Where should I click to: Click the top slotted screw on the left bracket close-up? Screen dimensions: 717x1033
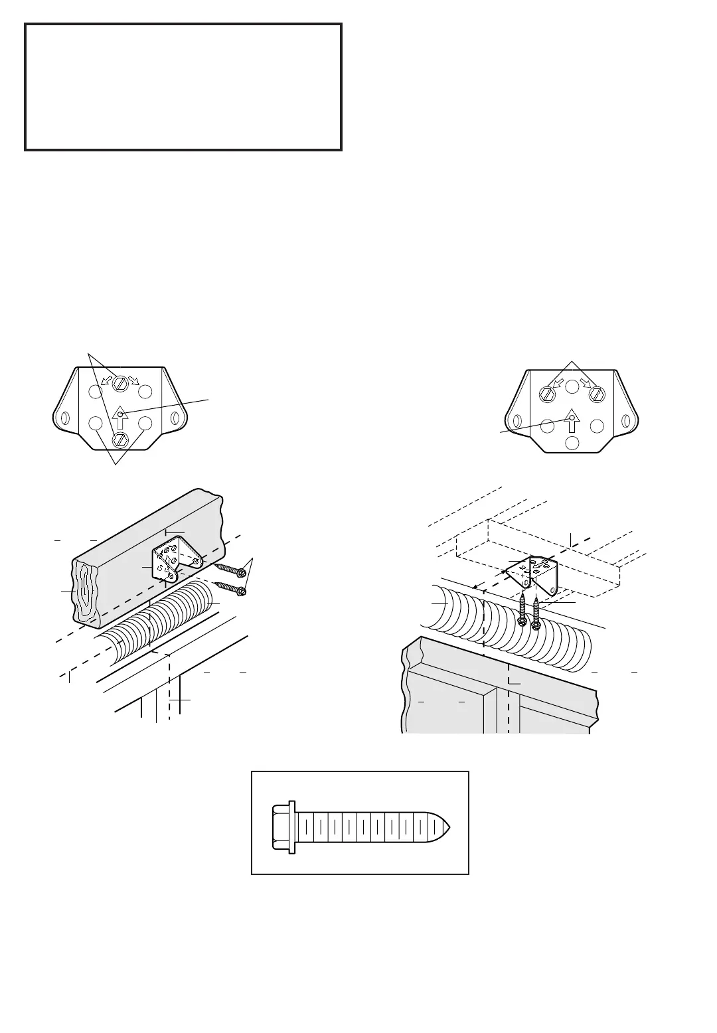[120, 383]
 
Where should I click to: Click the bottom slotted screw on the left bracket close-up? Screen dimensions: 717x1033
[120, 439]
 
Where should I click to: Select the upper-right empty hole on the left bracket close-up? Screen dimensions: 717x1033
[146, 391]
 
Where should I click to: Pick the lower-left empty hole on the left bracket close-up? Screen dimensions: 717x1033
[96, 423]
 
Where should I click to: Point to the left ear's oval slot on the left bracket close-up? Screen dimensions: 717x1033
[64, 420]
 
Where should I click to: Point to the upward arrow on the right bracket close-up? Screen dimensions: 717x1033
[572, 422]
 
